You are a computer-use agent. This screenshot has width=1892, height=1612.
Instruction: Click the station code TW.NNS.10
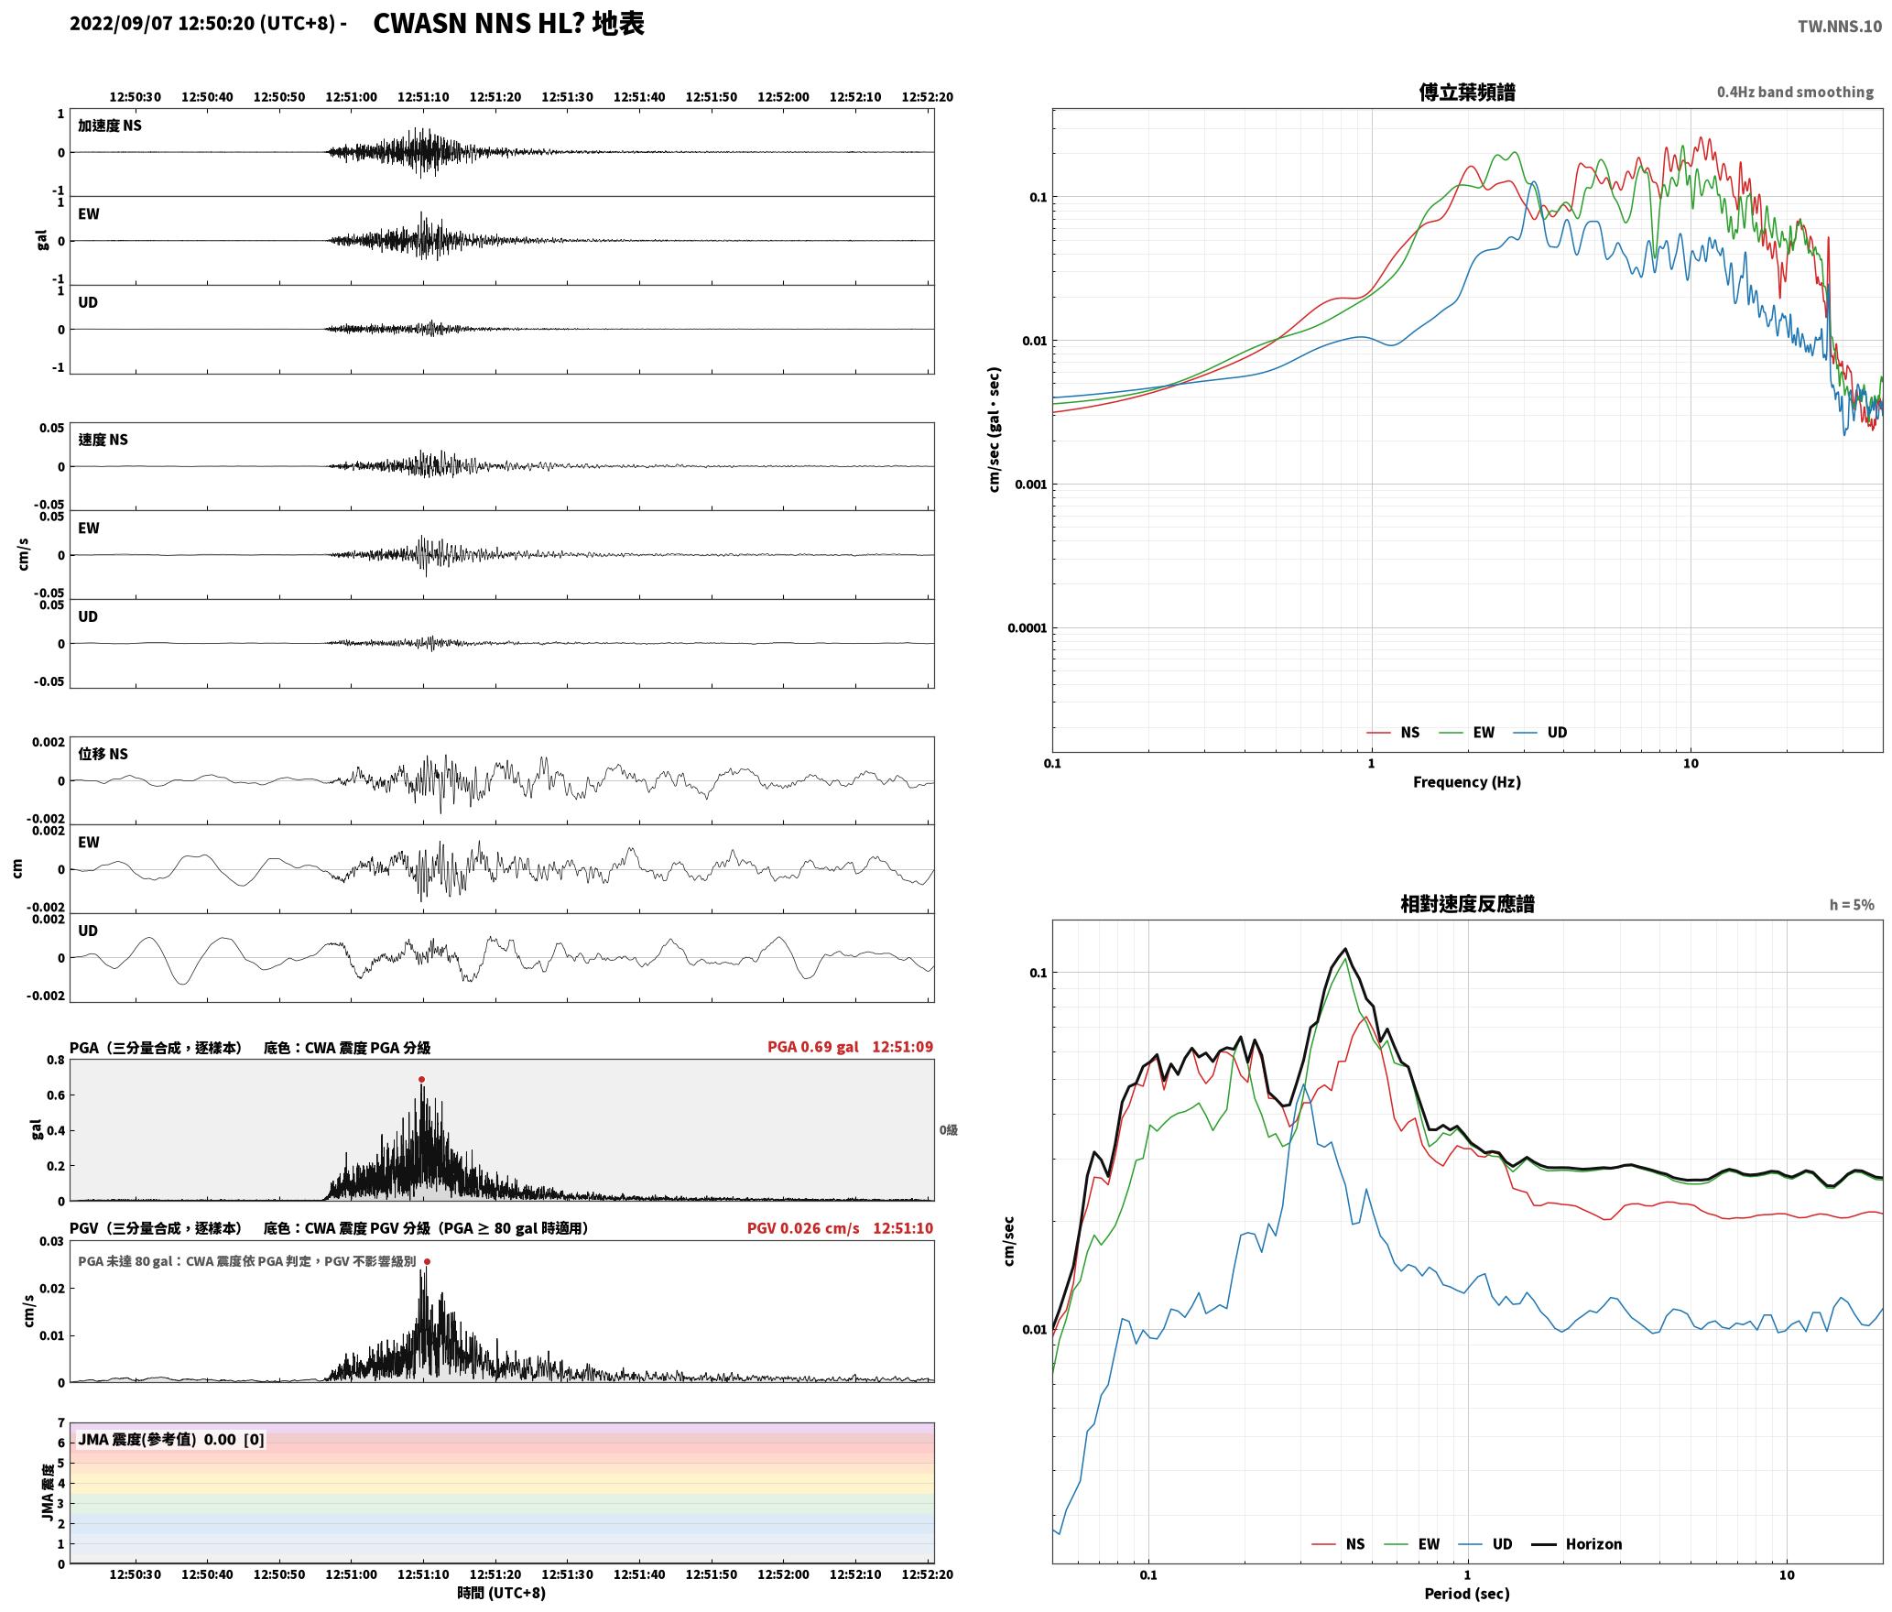(x=1839, y=26)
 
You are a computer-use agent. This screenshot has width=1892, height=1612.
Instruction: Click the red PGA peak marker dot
(x=421, y=1079)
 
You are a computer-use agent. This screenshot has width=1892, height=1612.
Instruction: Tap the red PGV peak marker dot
(x=427, y=1261)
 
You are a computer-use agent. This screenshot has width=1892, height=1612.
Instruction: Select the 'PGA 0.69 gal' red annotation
(x=812, y=1047)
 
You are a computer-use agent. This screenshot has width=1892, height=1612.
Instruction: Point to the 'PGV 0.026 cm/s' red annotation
(x=803, y=1228)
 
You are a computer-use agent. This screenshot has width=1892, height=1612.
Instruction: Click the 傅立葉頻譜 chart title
(x=1466, y=92)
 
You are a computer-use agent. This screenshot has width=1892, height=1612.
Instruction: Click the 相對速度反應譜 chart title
(x=1466, y=904)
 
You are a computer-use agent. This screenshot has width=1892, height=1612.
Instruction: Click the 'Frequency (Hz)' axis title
(x=1466, y=781)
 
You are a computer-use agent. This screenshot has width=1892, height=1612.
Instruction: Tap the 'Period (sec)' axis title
(x=1466, y=1594)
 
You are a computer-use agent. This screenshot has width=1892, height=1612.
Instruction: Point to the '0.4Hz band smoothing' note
(x=1795, y=92)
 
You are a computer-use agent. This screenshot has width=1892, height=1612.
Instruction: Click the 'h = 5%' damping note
(x=1852, y=905)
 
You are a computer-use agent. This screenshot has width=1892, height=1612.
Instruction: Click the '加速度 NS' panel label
(x=110, y=125)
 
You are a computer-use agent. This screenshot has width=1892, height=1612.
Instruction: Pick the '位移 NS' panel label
(x=103, y=754)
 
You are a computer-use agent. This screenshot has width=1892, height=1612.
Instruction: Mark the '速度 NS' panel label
(x=103, y=440)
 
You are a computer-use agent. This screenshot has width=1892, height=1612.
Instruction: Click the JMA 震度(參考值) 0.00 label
(x=171, y=1439)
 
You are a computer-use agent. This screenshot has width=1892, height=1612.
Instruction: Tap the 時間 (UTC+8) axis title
(x=501, y=1593)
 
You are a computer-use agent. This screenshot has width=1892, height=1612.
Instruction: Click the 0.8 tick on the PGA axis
(x=55, y=1061)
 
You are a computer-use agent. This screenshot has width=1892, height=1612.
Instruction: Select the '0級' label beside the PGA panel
(x=948, y=1130)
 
